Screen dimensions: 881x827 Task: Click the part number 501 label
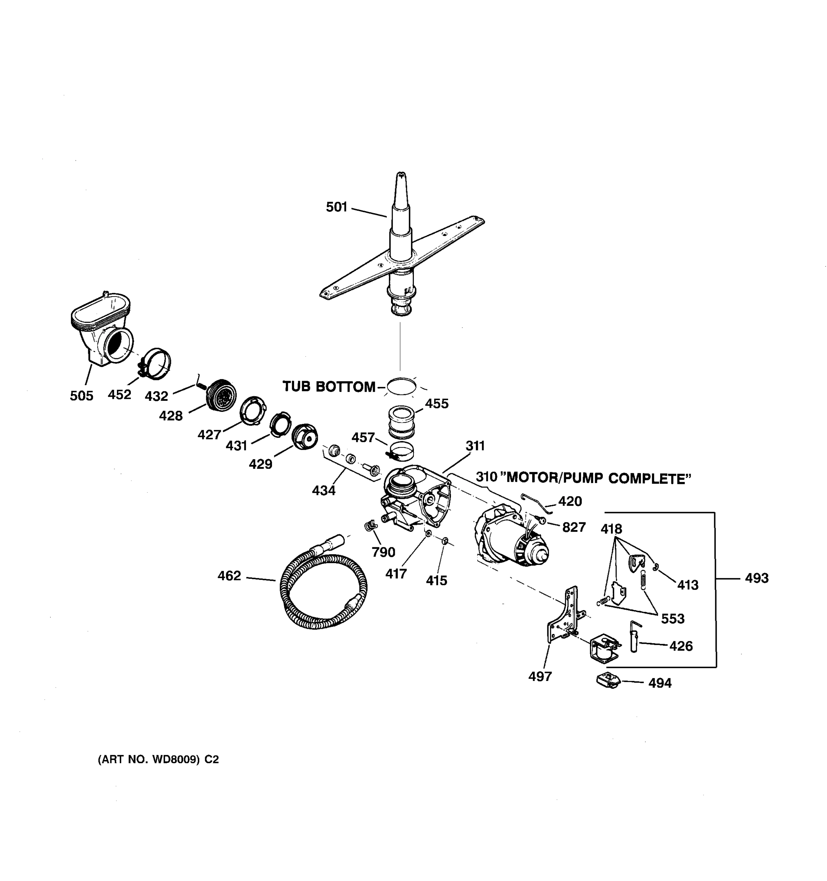336,207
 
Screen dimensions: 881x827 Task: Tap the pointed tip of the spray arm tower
401,175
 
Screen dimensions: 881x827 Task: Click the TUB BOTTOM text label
329,387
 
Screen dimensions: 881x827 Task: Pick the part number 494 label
660,683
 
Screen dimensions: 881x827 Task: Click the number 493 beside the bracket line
756,578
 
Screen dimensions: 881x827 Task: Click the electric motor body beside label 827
510,539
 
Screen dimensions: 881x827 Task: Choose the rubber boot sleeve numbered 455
402,421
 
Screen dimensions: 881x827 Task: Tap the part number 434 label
323,490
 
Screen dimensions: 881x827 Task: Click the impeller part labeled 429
305,436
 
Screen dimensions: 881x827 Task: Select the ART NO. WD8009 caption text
158,759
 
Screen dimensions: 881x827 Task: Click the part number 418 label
611,529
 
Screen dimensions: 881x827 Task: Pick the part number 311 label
475,446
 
